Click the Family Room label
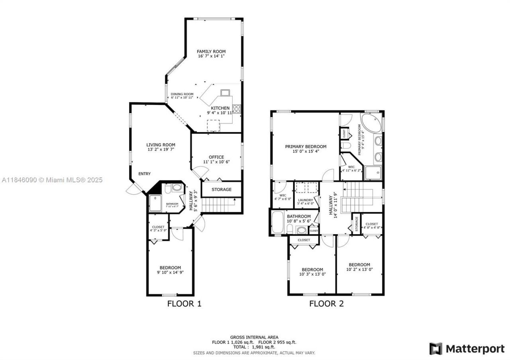click(211, 51)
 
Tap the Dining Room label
click(182, 94)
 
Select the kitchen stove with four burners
click(237, 109)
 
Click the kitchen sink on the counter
click(225, 93)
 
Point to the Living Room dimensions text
click(161, 149)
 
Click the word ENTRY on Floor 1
click(145, 174)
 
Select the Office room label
click(216, 157)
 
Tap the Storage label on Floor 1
click(221, 190)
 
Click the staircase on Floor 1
click(218, 205)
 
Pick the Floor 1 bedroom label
click(170, 268)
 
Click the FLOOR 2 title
click(326, 304)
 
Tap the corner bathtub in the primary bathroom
click(371, 124)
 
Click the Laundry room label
click(306, 200)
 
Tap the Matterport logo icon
click(435, 349)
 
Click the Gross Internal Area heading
click(254, 337)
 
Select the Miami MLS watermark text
click(52, 180)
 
